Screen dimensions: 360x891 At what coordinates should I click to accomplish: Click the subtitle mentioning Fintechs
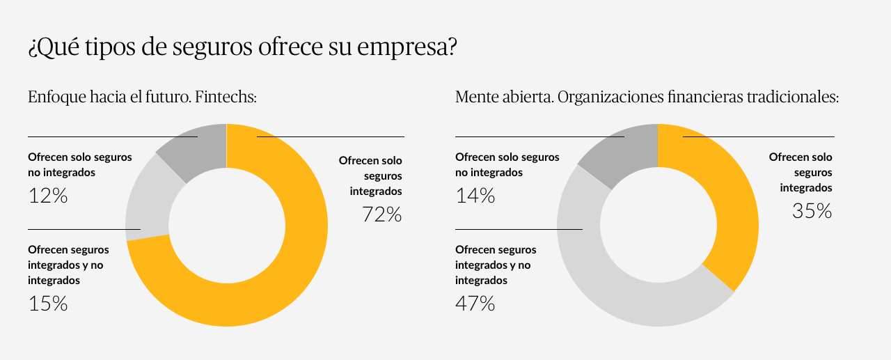click(x=143, y=97)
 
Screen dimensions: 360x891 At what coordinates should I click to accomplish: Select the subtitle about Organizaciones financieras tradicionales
click(x=647, y=97)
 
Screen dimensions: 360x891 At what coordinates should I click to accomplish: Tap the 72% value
click(x=381, y=214)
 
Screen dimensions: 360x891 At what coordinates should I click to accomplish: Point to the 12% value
click(x=48, y=196)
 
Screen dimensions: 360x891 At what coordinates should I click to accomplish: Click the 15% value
click(x=48, y=304)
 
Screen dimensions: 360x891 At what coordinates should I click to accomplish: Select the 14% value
click(x=475, y=196)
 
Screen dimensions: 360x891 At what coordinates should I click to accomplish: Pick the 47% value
click(x=475, y=304)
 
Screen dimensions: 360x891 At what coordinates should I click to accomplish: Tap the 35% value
click(x=812, y=211)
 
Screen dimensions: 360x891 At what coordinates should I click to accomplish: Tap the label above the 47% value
click(x=496, y=265)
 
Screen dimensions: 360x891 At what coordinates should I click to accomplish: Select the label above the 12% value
click(x=79, y=164)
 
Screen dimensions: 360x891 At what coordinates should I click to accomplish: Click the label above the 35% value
click(x=801, y=172)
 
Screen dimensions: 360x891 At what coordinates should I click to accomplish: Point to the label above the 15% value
click(x=68, y=265)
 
